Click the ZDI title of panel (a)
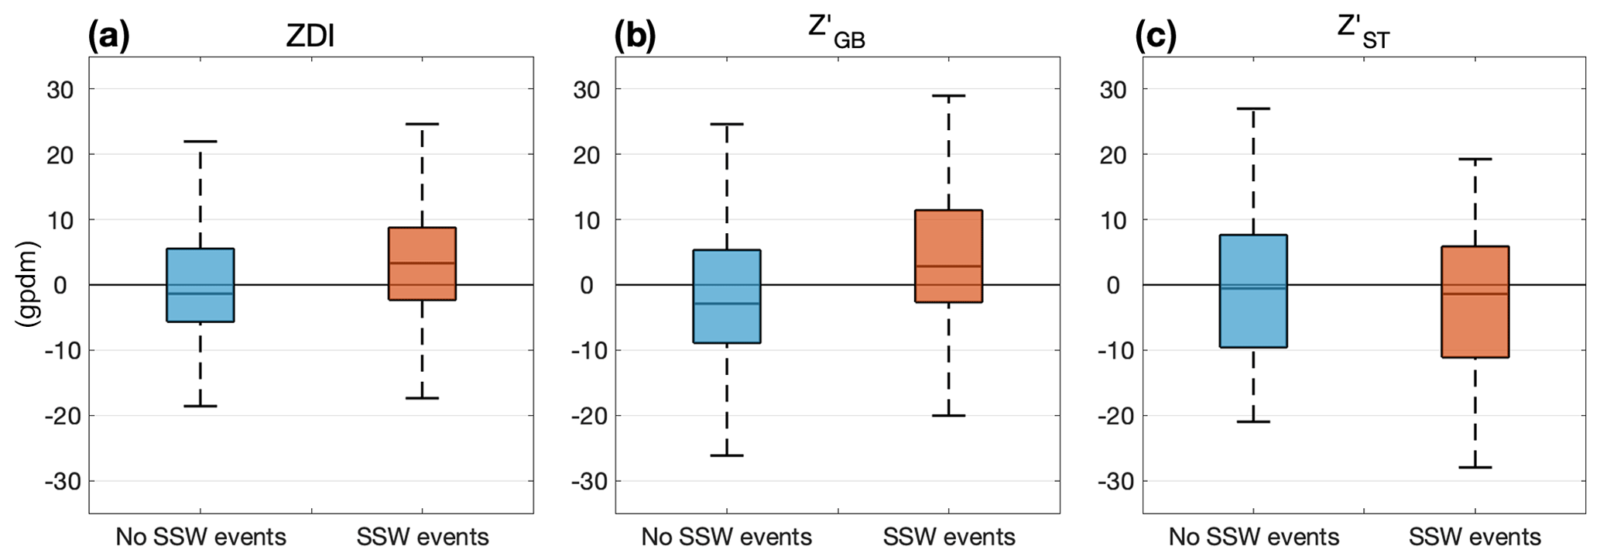310,36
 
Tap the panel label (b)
635,36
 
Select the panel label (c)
1156,36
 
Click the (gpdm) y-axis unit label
29,284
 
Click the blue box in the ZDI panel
200,284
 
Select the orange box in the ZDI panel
422,263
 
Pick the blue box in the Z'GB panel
727,296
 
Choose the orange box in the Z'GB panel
948,256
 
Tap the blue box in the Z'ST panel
1253,290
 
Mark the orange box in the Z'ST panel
1475,301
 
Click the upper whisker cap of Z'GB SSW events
948,96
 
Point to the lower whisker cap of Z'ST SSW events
1475,467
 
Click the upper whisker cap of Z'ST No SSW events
1253,108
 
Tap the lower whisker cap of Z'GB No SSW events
727,455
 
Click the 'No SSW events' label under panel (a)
200,537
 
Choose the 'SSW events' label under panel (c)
1475,537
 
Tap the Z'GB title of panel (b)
836,33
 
